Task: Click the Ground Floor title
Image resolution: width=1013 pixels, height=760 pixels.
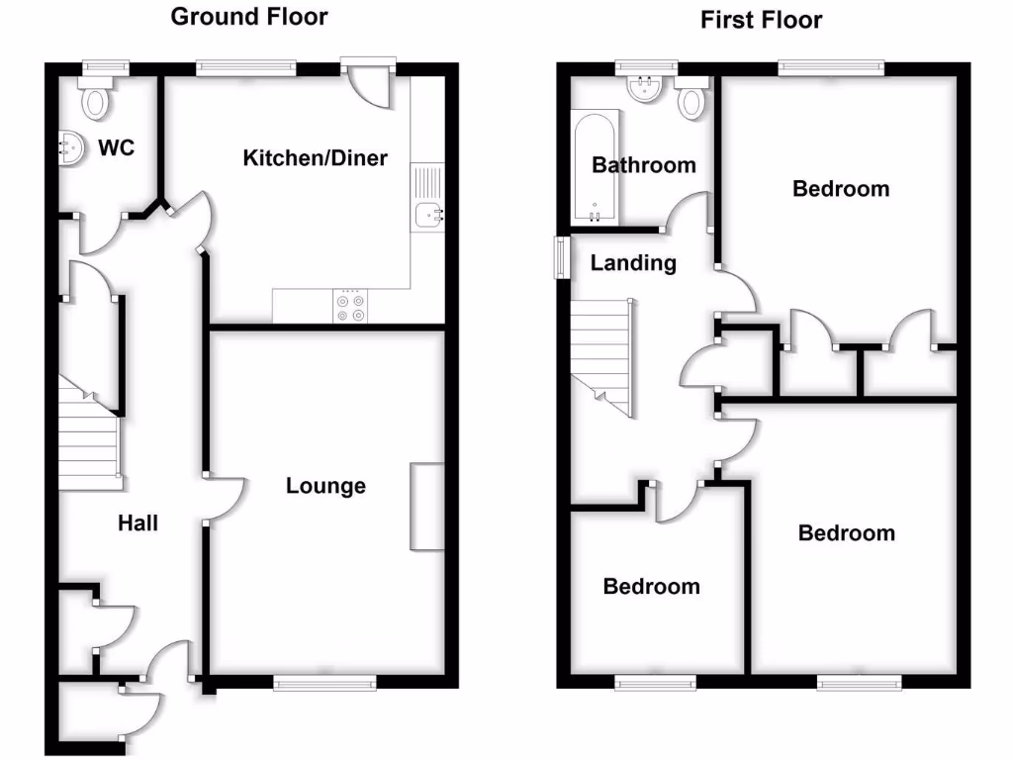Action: pyautogui.click(x=249, y=17)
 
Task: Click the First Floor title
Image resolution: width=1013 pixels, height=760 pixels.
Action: pyautogui.click(x=761, y=20)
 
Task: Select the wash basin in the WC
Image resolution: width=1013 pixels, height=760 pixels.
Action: pyautogui.click(x=72, y=149)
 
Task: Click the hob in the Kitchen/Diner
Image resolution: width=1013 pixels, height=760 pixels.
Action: pyautogui.click(x=351, y=307)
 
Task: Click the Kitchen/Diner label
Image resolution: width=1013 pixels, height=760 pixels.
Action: pyautogui.click(x=315, y=157)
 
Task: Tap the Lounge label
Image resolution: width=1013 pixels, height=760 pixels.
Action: pyautogui.click(x=325, y=486)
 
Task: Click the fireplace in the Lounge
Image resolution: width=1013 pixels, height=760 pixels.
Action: pyautogui.click(x=427, y=506)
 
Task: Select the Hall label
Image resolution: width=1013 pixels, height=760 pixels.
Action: pyautogui.click(x=138, y=522)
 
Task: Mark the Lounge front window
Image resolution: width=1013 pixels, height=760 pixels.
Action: pyautogui.click(x=324, y=682)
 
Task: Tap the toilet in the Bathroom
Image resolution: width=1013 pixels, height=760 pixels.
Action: pyautogui.click(x=691, y=99)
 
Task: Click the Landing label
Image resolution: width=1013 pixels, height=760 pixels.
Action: pyautogui.click(x=633, y=263)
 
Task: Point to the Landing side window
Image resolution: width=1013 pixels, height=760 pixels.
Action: pyautogui.click(x=561, y=257)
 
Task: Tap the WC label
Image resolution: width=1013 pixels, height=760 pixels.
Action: pyautogui.click(x=116, y=149)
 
